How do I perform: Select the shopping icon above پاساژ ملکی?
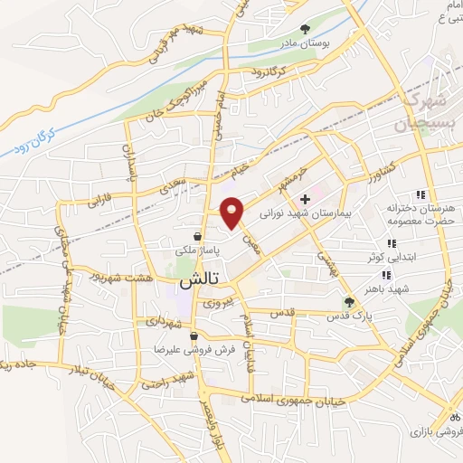click(x=197, y=237)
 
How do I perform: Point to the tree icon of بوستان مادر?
click(x=305, y=28)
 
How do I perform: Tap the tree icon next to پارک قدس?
click(x=350, y=302)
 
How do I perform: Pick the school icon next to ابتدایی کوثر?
click(x=392, y=243)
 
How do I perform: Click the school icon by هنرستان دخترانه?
click(x=420, y=194)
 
